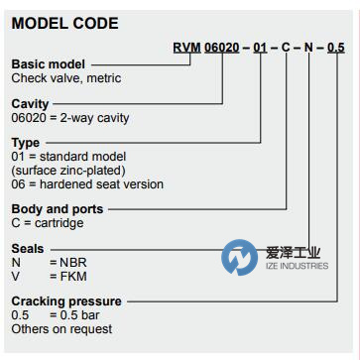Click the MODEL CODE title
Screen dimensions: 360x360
(x=64, y=23)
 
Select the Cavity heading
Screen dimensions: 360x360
(x=30, y=102)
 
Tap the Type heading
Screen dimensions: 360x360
(x=26, y=143)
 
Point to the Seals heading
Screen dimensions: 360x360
(x=29, y=248)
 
